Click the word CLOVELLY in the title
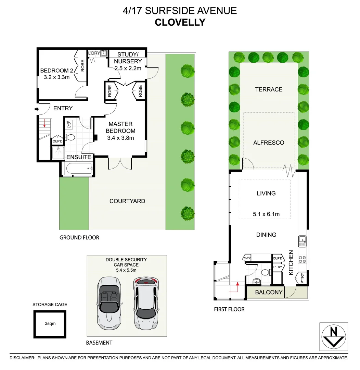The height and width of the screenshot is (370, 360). [x=180, y=23]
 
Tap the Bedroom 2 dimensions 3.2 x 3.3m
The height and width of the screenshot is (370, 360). [x=57, y=77]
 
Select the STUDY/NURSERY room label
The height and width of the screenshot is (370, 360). [x=128, y=58]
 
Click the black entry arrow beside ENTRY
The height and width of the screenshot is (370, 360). [x=37, y=109]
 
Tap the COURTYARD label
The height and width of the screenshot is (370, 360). [x=127, y=201]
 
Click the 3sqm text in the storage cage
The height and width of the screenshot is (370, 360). [x=50, y=323]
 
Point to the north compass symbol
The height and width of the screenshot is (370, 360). [x=334, y=336]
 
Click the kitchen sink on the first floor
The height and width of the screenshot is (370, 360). [x=303, y=242]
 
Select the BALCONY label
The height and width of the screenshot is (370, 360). [x=269, y=292]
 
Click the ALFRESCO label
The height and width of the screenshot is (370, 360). [x=269, y=143]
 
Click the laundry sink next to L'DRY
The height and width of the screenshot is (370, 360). [x=104, y=53]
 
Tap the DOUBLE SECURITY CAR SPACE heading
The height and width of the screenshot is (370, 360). [x=126, y=262]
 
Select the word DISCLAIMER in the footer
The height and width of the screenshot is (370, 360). [x=22, y=358]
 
